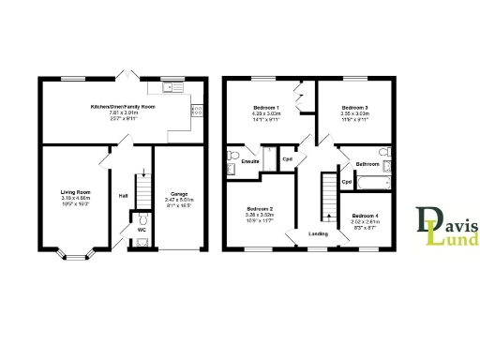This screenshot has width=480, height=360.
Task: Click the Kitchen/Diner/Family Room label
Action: (x=123, y=107)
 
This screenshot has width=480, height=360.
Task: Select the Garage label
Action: (x=178, y=194)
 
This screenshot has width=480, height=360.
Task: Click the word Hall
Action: (x=122, y=196)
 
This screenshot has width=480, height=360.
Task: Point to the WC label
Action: (x=142, y=229)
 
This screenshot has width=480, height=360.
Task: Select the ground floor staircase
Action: (x=142, y=191)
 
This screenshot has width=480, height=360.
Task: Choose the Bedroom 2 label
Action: (x=260, y=208)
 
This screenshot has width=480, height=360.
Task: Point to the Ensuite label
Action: (x=250, y=162)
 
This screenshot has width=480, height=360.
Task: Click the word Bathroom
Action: (x=367, y=164)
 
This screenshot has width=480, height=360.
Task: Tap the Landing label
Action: (x=318, y=233)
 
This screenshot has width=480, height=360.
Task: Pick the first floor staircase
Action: (x=329, y=197)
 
